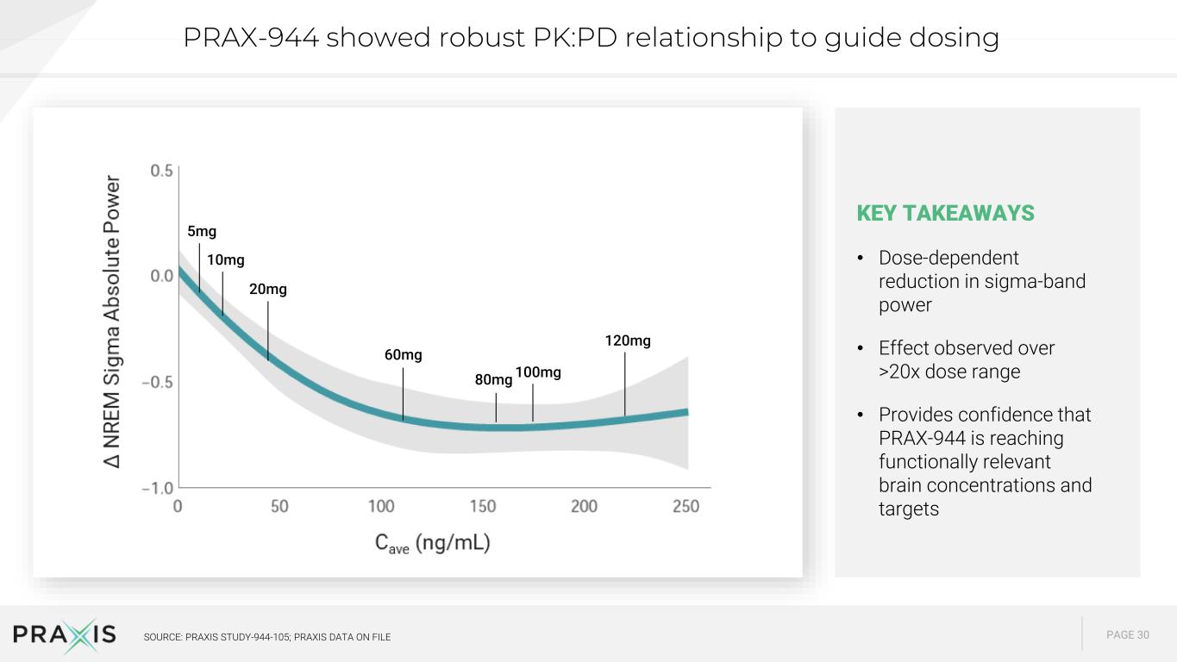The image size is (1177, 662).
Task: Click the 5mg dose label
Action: pyautogui.click(x=202, y=231)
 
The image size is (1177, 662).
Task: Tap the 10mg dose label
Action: pyautogui.click(x=226, y=260)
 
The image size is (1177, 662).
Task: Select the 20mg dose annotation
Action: pyautogui.click(x=268, y=289)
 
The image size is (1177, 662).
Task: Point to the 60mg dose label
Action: pyautogui.click(x=403, y=354)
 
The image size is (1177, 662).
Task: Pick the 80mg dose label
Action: pyautogui.click(x=493, y=379)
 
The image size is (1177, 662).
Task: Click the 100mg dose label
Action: pyautogui.click(x=538, y=372)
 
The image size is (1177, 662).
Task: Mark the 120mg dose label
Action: pyautogui.click(x=628, y=340)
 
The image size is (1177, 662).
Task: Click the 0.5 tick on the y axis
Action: pyautogui.click(x=161, y=171)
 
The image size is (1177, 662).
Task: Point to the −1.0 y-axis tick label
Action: pyautogui.click(x=157, y=488)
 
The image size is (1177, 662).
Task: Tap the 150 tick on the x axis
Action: pyautogui.click(x=483, y=506)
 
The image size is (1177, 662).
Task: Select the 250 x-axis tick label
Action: pyautogui.click(x=686, y=506)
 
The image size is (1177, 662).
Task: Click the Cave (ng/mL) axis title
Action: pyautogui.click(x=433, y=543)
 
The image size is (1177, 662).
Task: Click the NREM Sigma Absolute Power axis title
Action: pyautogui.click(x=112, y=322)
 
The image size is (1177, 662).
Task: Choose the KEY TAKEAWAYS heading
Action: pyautogui.click(x=945, y=213)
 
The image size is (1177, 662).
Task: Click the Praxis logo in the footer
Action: pyautogui.click(x=65, y=634)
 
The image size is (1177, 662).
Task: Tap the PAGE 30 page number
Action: pyautogui.click(x=1128, y=635)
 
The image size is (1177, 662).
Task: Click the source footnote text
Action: pyautogui.click(x=267, y=637)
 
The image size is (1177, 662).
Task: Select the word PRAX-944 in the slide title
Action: pyautogui.click(x=251, y=37)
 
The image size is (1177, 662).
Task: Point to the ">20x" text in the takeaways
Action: pyautogui.click(x=899, y=372)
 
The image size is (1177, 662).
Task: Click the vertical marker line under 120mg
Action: pyautogui.click(x=625, y=384)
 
